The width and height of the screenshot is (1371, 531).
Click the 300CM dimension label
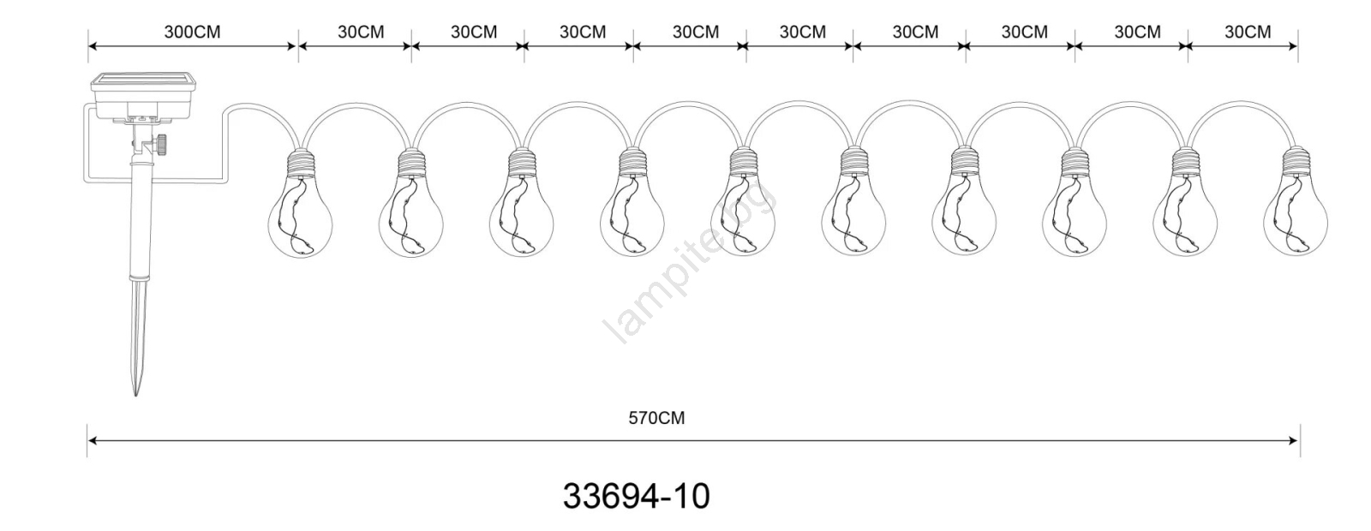coord(192,32)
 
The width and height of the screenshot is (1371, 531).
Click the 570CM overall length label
coord(656,419)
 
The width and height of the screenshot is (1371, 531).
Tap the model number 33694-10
coord(637,496)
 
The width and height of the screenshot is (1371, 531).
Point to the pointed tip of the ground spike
coord(135,395)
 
